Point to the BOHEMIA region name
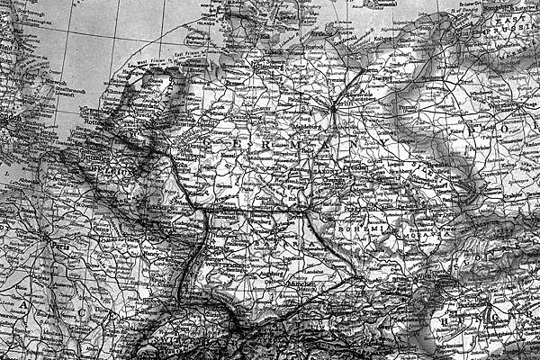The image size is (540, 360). click(364, 229)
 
